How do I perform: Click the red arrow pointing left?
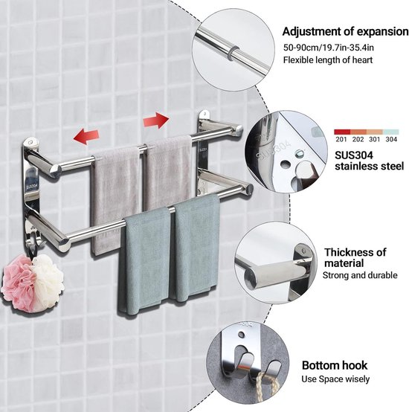86,136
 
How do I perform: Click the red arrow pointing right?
155,120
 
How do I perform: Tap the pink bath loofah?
19,285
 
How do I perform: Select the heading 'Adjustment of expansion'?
346,31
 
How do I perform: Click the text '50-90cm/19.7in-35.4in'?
329,48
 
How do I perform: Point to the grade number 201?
341,139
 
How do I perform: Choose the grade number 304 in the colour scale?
391,139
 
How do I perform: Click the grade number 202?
358,139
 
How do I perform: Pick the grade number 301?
375,139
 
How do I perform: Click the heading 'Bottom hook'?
335,365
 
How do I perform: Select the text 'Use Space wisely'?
335,379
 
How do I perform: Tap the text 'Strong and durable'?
360,275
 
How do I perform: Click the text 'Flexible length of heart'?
328,60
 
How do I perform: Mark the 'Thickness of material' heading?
355,257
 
